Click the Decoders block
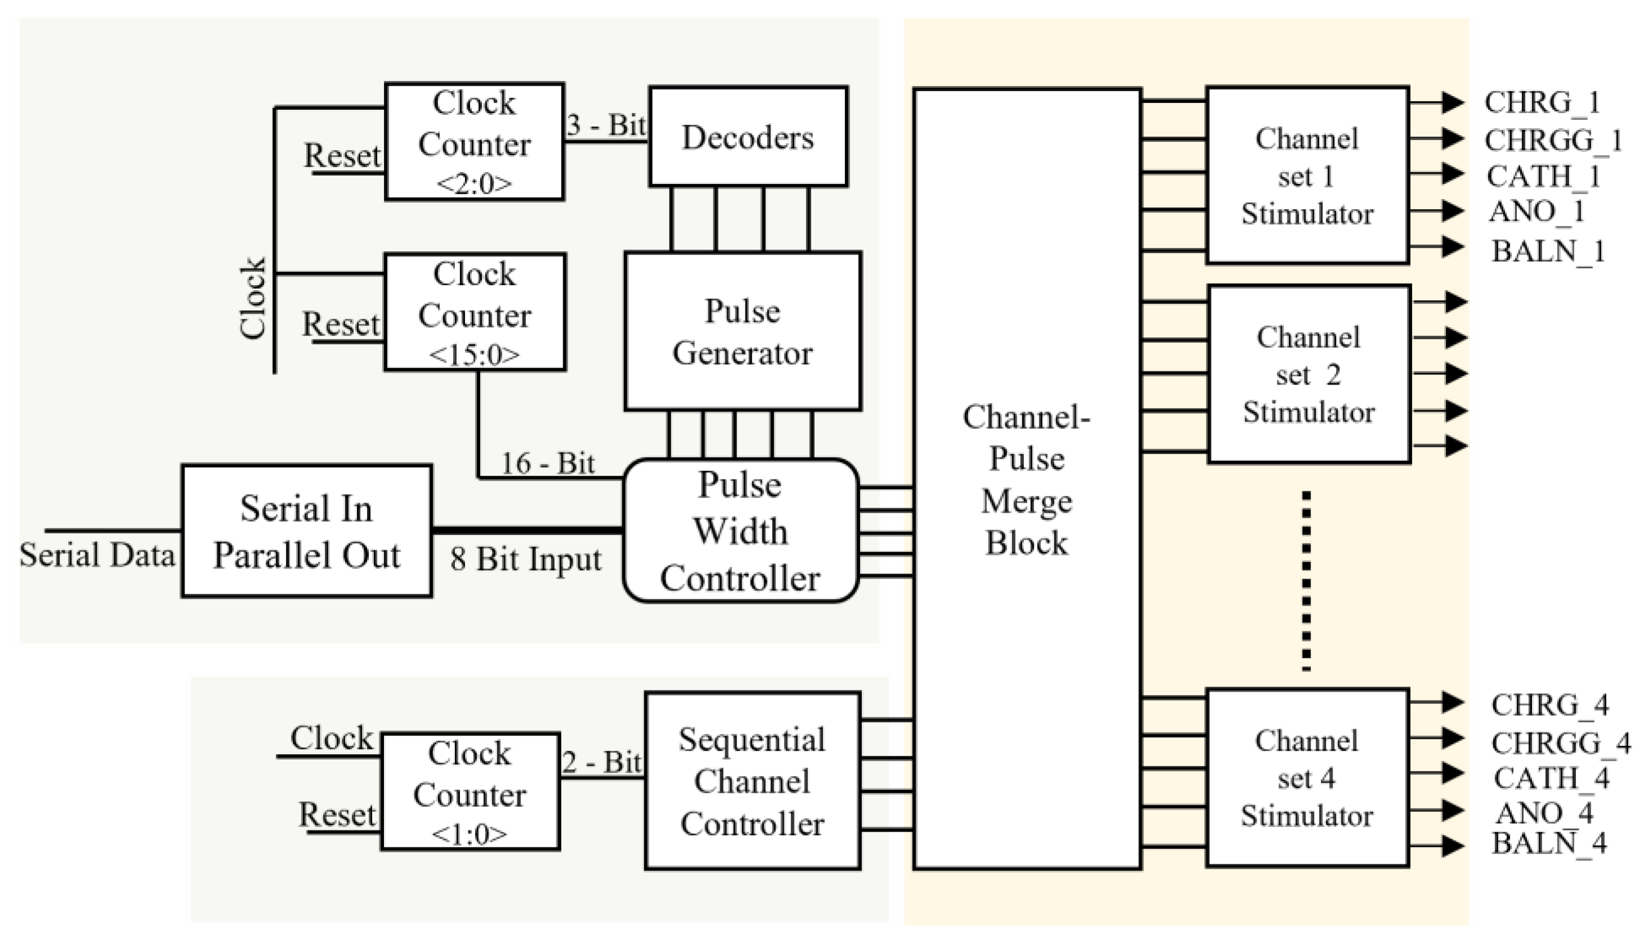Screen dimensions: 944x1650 point(748,137)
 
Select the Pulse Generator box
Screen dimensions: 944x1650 point(742,331)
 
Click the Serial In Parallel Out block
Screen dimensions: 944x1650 point(306,531)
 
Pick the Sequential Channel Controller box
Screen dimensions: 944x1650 point(752,780)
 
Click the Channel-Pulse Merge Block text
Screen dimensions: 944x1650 point(1027,480)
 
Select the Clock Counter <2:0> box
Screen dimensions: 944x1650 point(474,141)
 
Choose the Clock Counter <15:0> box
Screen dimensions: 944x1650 point(474,313)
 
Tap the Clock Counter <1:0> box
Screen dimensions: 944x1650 point(470,792)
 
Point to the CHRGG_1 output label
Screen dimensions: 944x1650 point(1553,140)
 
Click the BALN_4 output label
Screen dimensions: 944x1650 point(1549,843)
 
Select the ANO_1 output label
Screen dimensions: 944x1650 point(1536,211)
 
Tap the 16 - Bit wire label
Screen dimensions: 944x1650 point(548,463)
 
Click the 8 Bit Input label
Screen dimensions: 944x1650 point(526,558)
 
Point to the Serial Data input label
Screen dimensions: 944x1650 point(97,555)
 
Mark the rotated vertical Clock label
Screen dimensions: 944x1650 point(253,298)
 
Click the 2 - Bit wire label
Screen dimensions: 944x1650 point(602,761)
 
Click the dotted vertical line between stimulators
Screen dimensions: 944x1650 point(1306,580)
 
